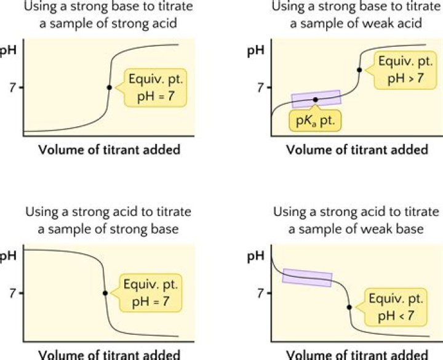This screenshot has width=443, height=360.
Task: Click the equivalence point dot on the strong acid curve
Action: tap(109, 87)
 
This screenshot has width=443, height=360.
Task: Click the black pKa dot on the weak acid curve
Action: tap(316, 99)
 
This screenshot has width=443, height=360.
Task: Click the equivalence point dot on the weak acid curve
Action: tap(359, 70)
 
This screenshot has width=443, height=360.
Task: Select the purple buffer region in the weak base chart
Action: tap(307, 278)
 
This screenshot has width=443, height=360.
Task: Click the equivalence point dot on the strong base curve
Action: tap(105, 293)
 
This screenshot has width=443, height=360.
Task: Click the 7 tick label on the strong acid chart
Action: tap(11, 87)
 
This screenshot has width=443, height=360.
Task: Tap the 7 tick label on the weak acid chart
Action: tap(260, 87)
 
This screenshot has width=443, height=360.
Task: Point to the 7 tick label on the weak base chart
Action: tap(260, 293)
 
